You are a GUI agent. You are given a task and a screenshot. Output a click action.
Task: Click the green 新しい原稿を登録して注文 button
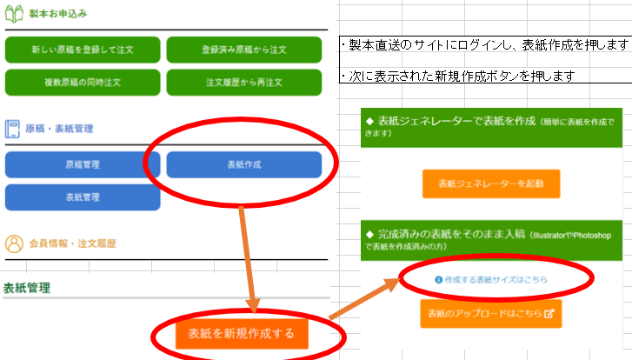point(83,49)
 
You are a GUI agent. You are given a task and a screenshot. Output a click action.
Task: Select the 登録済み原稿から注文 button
point(243,49)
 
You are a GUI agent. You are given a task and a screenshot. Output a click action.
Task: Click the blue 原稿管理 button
point(83,163)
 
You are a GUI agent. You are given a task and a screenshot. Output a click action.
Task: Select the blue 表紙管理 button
point(83,197)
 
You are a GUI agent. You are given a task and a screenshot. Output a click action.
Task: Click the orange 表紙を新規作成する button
point(242,333)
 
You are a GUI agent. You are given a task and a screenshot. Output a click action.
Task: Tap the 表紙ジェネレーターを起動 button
point(491,184)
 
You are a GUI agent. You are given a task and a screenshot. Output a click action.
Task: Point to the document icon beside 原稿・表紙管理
point(13,129)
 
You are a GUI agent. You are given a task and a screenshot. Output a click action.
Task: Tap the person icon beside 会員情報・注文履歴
point(13,243)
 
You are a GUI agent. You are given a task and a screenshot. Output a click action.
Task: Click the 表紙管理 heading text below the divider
point(27,288)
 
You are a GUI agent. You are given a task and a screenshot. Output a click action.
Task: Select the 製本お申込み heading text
point(58,14)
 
